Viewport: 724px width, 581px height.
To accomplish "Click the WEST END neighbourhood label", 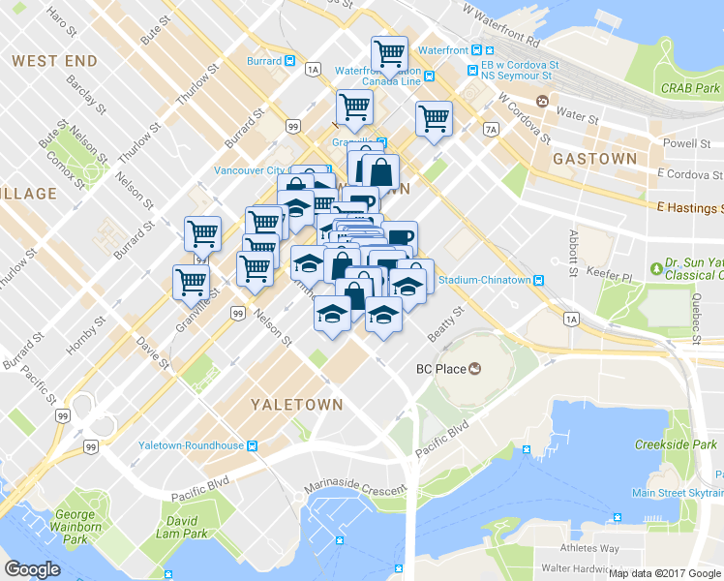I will click(55, 61).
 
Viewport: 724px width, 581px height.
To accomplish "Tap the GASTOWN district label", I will click(594, 158).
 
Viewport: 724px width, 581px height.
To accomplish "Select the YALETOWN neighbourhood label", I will click(296, 404).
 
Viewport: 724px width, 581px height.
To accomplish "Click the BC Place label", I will click(440, 368).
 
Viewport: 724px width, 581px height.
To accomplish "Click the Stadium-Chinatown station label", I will click(484, 281).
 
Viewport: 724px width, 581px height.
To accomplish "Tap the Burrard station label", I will click(264, 61).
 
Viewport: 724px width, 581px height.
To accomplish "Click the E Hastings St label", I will click(689, 208).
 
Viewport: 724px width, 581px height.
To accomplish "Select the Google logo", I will click(32, 569).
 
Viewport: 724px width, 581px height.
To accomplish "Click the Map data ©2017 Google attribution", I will click(665, 573).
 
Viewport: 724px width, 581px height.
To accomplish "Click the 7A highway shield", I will click(491, 129).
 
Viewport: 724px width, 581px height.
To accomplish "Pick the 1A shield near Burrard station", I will click(312, 70).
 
